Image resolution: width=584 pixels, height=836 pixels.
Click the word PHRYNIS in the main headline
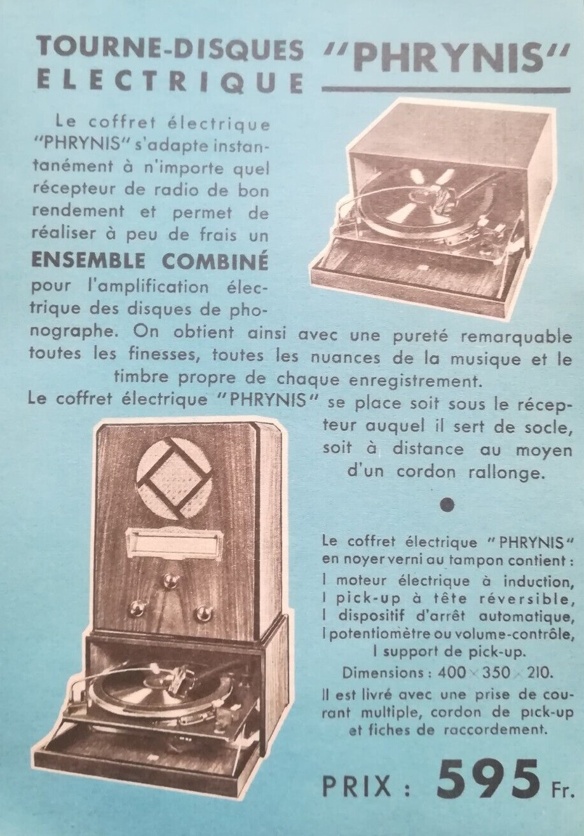(x=448, y=59)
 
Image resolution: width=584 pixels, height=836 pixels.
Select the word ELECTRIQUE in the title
(x=170, y=82)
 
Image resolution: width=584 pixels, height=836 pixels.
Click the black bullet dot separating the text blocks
(x=447, y=505)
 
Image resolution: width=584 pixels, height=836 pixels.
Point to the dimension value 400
(x=452, y=673)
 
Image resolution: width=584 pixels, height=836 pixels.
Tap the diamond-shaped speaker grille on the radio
(x=175, y=479)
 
